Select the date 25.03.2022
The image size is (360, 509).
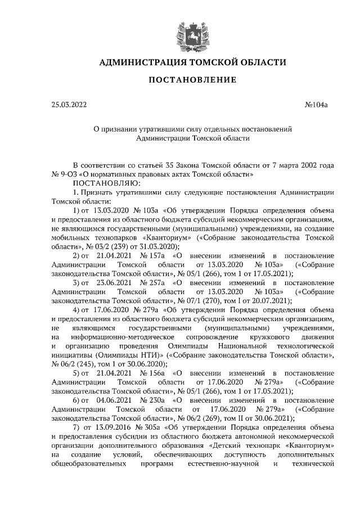[70, 104]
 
